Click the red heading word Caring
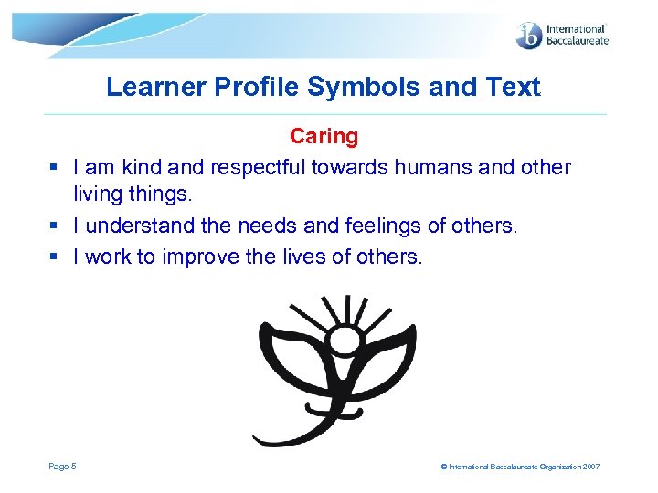324,137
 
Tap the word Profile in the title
265,88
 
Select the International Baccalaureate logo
561,36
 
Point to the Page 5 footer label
62,467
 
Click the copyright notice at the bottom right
520,467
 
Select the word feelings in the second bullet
402,226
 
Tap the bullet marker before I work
54,257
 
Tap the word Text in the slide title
515,88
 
